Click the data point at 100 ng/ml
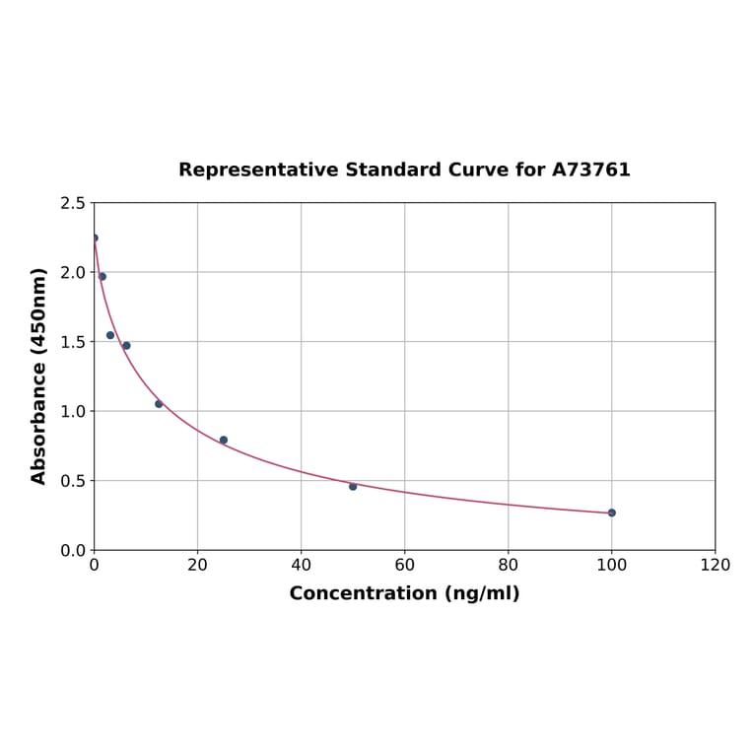pos(611,513)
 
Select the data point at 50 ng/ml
pos(353,486)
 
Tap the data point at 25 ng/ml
pos(224,440)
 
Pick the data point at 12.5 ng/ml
pos(159,404)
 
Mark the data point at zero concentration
pos(95,238)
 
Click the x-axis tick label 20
pos(197,566)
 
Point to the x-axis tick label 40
pos(301,566)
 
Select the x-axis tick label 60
pos(404,566)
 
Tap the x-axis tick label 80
pos(508,566)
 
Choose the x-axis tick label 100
pos(611,566)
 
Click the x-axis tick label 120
pos(715,566)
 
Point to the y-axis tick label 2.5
pos(73,203)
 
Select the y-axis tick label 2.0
pos(73,272)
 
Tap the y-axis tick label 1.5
pos(73,342)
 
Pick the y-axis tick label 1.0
pos(73,411)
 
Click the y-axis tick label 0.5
pos(73,481)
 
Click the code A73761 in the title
pos(590,170)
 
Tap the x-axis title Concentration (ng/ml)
pos(404,593)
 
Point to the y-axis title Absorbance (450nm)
pos(39,376)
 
